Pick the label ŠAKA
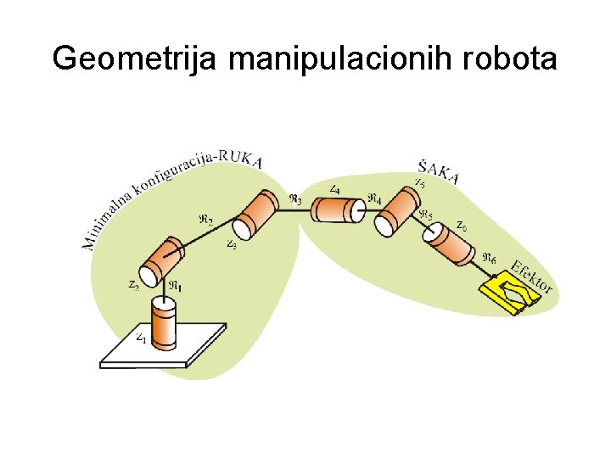(x=439, y=170)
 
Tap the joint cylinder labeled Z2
(x=162, y=262)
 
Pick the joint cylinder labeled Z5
(x=397, y=211)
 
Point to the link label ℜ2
(x=205, y=219)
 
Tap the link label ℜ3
(x=294, y=200)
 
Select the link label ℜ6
(x=490, y=257)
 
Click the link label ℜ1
(x=175, y=285)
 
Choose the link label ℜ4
(x=374, y=200)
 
